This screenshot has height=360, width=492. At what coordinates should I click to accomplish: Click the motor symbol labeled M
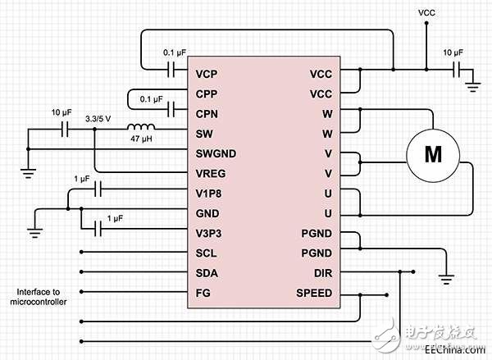[x=431, y=153]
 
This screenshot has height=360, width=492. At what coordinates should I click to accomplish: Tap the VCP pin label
[x=207, y=74]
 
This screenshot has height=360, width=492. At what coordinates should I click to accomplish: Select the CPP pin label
[x=207, y=93]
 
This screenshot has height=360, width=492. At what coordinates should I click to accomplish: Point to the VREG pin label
[x=211, y=173]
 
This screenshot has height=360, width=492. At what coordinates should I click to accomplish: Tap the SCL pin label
[x=206, y=253]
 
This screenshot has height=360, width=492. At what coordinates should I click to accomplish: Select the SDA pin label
[x=207, y=273]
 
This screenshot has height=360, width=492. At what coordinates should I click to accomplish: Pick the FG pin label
[x=203, y=293]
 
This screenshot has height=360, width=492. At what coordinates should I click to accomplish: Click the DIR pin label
[x=323, y=273]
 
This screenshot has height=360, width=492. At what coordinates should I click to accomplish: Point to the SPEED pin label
[x=314, y=293]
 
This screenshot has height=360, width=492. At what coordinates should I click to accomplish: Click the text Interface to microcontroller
[x=42, y=297]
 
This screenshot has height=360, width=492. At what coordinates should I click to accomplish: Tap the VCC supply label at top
[x=426, y=13]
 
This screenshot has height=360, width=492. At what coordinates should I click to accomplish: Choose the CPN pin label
[x=207, y=113]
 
